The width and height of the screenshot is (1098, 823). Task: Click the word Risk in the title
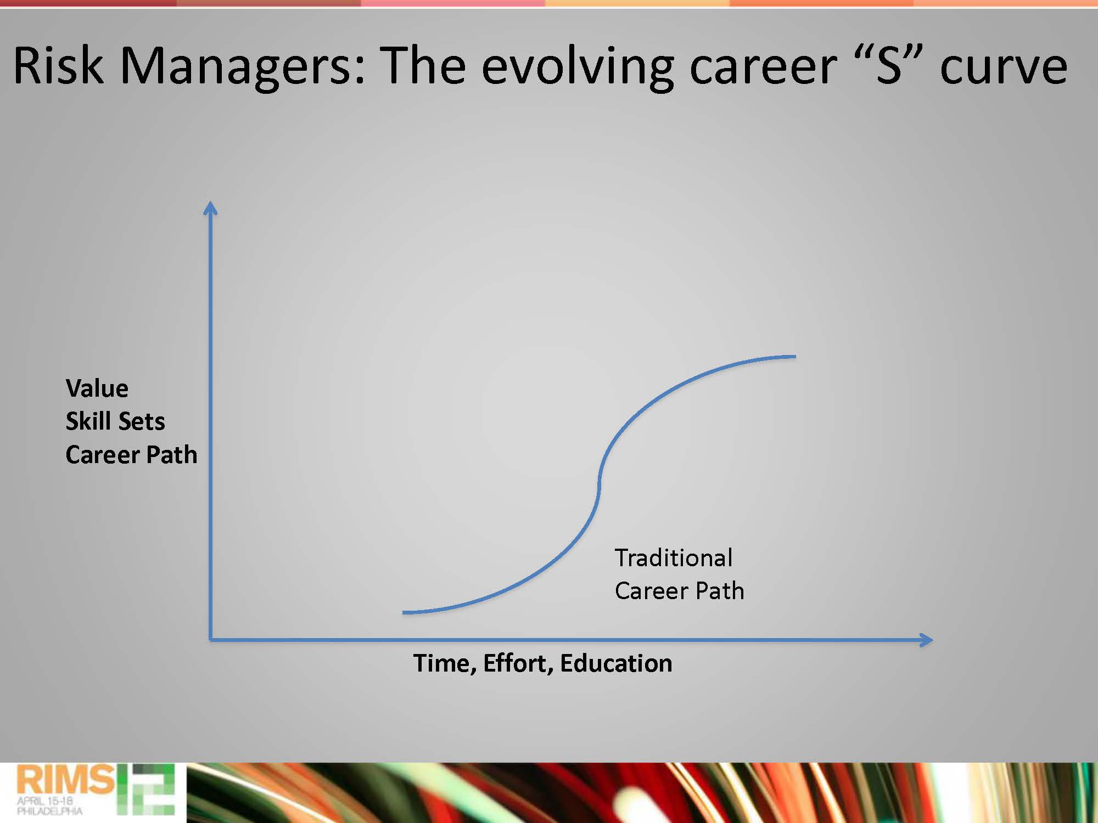[x=58, y=65]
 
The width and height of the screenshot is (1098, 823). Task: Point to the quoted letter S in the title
[x=889, y=65]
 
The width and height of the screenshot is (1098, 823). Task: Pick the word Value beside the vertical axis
[x=97, y=388]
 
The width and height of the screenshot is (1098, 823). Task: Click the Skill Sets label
[x=115, y=421]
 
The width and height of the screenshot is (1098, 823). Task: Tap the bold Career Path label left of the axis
[x=131, y=454]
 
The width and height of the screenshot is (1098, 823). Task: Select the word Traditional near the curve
[x=674, y=557]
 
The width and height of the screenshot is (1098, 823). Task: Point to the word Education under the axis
[x=616, y=663]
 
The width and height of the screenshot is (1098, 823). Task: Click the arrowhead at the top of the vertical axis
[x=210, y=207]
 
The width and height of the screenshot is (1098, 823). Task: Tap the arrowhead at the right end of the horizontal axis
[x=926, y=640]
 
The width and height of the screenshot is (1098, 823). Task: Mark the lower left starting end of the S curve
[x=404, y=612]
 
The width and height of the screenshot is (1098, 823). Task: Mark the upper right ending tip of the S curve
[x=795, y=357]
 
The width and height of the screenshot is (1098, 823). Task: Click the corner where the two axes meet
[x=210, y=640]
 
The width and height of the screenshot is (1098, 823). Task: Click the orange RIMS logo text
[x=65, y=780]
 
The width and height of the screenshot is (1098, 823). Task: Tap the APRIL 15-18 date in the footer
[x=45, y=801]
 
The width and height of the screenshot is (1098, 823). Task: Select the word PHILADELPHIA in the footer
[x=49, y=811]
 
